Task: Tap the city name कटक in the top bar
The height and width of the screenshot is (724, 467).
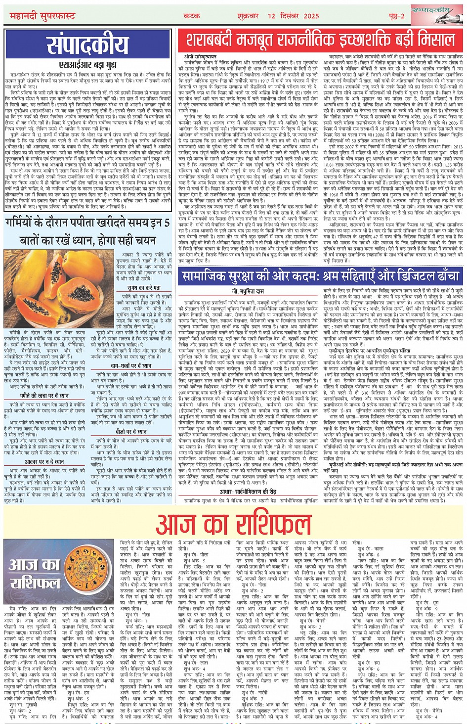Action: [192, 16]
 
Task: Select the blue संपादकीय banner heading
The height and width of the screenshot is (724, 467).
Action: [87, 45]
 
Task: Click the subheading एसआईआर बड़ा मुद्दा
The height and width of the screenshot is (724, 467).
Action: [87, 64]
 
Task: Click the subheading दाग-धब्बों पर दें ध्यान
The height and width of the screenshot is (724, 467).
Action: [130, 366]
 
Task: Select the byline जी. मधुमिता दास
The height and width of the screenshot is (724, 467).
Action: [248, 291]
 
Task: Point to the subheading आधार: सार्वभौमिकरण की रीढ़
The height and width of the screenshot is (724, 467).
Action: [248, 492]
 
